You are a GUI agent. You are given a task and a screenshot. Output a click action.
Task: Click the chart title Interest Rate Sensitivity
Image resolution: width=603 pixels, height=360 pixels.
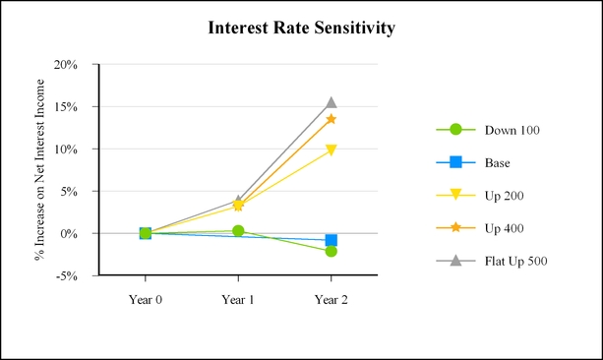pos(301,29)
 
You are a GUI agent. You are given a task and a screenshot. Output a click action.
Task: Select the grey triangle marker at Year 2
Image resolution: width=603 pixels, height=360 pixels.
pos(332,102)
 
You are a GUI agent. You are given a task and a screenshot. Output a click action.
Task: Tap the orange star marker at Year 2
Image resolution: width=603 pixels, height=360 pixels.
pos(332,119)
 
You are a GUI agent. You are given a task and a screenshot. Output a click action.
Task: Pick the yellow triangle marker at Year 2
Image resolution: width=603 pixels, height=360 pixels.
pos(332,150)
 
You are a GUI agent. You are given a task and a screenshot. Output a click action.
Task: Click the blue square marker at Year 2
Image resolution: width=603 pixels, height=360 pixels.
pos(332,240)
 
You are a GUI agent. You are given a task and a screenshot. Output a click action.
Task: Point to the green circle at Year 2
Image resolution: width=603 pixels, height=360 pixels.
pos(332,251)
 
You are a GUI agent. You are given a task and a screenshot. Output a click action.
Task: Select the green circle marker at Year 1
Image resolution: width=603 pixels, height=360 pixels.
pos(238,231)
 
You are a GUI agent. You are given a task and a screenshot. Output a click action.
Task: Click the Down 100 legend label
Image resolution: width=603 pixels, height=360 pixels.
pos(513,131)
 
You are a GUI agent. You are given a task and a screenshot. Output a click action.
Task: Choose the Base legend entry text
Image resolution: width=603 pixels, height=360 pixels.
pos(497,163)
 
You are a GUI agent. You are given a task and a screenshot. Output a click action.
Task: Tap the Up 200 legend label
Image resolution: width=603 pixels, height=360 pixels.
pos(505,196)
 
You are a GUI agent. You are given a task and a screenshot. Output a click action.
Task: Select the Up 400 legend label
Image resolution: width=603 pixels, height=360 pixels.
pos(505,228)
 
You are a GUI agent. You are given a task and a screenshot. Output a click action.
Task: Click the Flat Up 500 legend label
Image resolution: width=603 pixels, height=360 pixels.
pos(516,262)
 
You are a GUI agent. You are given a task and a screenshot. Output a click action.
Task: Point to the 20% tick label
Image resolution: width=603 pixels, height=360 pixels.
pos(66,65)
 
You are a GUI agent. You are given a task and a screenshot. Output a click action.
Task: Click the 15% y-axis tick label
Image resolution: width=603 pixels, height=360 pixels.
pos(66,107)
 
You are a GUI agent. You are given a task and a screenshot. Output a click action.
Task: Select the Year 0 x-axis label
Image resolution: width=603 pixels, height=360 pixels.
pos(146,300)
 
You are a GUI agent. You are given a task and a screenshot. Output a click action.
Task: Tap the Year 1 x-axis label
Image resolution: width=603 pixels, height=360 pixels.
pos(238,300)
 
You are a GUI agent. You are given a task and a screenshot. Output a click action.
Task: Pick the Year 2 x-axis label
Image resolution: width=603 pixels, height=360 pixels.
pos(332,300)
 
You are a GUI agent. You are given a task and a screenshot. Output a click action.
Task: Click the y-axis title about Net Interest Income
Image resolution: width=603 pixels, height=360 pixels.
pos(39,169)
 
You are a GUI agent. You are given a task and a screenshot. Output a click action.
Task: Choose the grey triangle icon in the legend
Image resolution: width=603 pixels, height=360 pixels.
pos(455,261)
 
